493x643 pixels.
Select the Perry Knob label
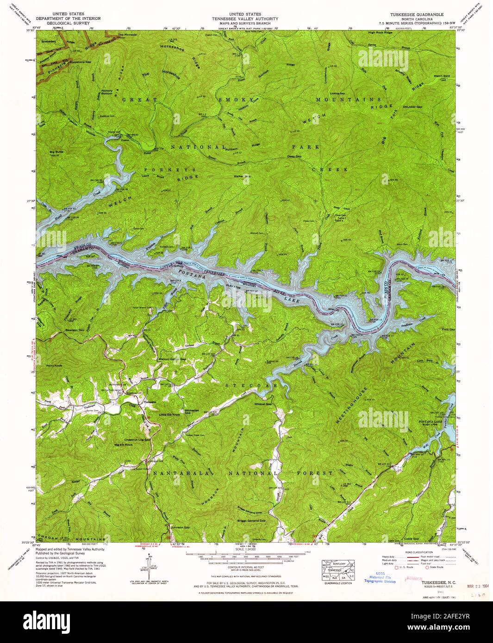pyautogui.click(x=54, y=365)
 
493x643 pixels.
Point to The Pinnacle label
pyautogui.click(x=127, y=35)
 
